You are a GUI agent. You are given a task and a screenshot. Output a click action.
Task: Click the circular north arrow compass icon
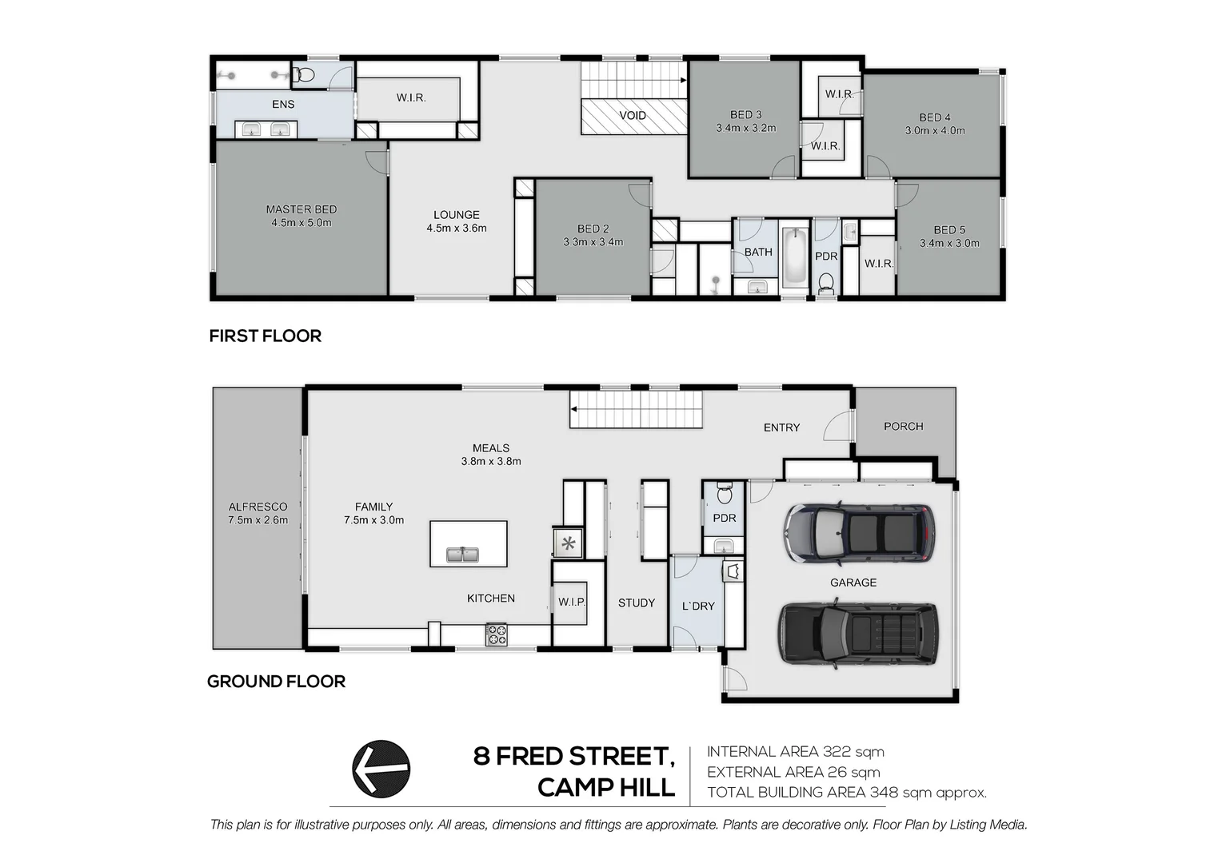pos(381,769)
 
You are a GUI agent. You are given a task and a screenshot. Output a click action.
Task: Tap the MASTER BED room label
pos(302,209)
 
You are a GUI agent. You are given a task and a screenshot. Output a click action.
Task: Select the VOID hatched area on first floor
pos(633,116)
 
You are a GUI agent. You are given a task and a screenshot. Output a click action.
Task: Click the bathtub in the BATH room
pos(795,257)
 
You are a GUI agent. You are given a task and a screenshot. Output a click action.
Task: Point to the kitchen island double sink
pos(462,554)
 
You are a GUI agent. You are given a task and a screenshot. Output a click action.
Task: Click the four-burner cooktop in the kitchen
pos(497,635)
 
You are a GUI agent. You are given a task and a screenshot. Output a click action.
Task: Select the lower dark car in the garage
pos(857,634)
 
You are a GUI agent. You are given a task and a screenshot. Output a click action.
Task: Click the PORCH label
pos(904,427)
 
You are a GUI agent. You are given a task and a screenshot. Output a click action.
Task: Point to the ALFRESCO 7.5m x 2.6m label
pos(258,513)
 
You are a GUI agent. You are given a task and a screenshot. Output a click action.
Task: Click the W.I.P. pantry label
pos(572,602)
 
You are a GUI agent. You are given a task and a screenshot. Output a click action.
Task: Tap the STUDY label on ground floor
pos(637,603)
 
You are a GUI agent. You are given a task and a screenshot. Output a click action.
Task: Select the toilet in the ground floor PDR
pos(725,495)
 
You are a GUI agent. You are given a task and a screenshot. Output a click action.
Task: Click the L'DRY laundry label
pos(698,606)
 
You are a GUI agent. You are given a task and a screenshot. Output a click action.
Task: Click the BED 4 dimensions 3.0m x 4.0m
pos(935,130)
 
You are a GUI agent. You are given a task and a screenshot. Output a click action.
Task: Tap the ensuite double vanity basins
pos(266,129)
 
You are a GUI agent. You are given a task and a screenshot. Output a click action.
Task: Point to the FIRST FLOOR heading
pos(266,336)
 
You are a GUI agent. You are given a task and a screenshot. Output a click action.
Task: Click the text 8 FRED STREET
pos(573,756)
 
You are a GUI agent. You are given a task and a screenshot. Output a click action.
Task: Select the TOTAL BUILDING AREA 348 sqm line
pos(846,793)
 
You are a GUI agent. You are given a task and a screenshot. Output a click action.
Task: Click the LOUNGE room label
pos(457,215)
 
